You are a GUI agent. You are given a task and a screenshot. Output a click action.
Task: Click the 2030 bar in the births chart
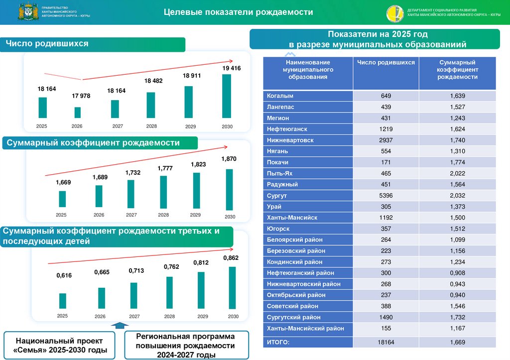(227, 97)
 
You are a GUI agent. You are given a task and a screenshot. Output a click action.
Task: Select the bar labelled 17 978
(77, 113)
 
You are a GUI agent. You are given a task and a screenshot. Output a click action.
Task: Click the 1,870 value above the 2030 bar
(229, 158)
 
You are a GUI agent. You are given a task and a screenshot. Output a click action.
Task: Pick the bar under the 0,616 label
(62, 301)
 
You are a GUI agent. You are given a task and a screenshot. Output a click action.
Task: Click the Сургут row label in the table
(277, 196)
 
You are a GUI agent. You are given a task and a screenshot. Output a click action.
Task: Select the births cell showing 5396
(386, 196)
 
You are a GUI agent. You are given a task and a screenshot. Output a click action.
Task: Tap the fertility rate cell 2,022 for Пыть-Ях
(457, 173)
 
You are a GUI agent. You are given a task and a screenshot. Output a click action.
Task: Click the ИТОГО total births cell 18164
(386, 342)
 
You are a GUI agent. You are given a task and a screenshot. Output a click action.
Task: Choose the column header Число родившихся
(386, 63)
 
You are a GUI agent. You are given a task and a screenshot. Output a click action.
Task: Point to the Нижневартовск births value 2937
(386, 140)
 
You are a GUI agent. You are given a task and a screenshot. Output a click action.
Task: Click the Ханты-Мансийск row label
(292, 218)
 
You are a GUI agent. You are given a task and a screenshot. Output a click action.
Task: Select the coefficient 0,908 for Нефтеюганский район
(457, 273)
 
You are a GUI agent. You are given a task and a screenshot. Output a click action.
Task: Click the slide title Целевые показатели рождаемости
(239, 12)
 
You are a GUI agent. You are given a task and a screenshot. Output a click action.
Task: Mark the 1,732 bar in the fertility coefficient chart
(131, 194)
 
